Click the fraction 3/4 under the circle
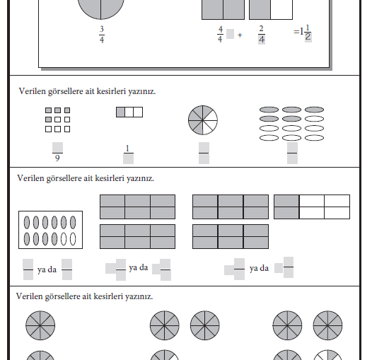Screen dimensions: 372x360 (102, 35)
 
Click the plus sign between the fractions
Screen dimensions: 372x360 (240, 35)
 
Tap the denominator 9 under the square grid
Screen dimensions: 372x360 (57, 158)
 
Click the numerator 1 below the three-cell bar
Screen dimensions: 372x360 (127, 149)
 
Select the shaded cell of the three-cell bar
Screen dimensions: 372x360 (120, 112)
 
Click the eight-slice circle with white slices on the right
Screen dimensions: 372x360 (203, 120)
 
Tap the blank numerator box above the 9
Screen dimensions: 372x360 (57, 147)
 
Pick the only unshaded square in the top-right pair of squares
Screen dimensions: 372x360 (281, 9)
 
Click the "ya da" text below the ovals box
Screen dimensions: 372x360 (47, 269)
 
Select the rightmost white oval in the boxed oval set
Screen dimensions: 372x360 (73, 239)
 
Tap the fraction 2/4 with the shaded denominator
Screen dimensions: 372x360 (262, 35)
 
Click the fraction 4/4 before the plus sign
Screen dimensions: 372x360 (220, 35)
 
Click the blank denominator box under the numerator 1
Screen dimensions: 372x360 (128, 158)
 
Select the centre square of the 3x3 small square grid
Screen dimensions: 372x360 (57, 120)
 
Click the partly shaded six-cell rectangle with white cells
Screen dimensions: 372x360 (312, 207)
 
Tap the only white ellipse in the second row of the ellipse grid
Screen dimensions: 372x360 (314, 119)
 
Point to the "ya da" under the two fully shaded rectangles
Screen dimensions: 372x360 (139, 267)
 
